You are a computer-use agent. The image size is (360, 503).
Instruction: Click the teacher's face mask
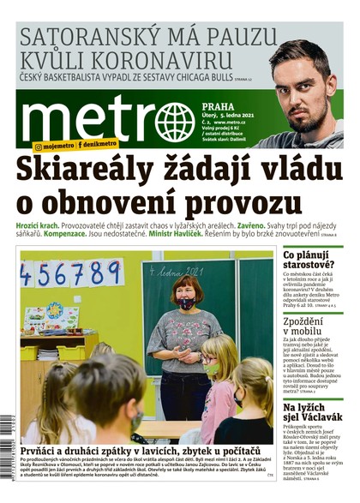[x=186, y=302]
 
